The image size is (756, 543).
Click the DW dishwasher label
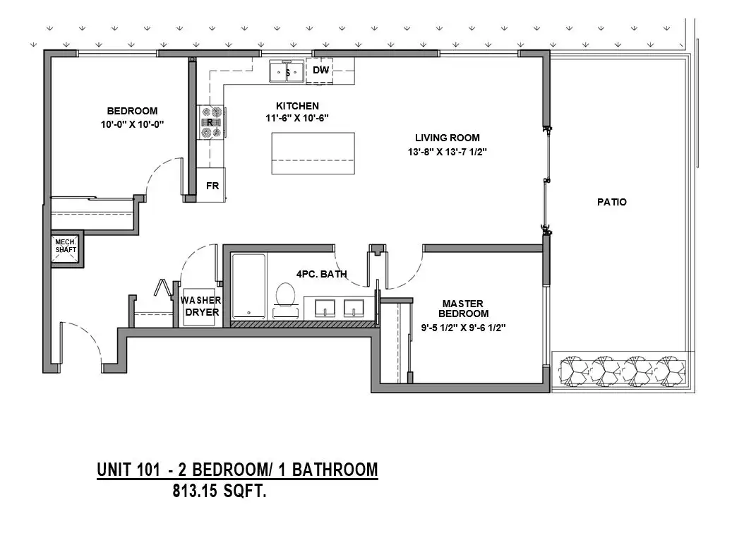click(x=320, y=70)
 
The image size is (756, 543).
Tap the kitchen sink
click(x=287, y=72)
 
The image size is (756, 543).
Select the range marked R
click(x=211, y=122)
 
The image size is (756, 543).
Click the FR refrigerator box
click(x=211, y=185)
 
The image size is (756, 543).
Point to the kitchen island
click(x=313, y=153)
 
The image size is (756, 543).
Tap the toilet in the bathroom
click(x=285, y=298)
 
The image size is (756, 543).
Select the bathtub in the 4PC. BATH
click(x=248, y=287)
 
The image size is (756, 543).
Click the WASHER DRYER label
click(x=201, y=306)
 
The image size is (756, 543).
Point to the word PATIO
click(x=612, y=202)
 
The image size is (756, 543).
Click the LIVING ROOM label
click(x=448, y=138)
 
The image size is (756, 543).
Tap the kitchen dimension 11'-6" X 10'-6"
click(x=297, y=118)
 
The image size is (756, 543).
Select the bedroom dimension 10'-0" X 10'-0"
click(x=132, y=124)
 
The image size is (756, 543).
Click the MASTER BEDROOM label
click(x=463, y=309)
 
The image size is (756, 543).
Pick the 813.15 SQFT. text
click(x=220, y=491)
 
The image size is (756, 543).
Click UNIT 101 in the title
click(x=128, y=470)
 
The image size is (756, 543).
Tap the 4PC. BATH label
click(x=322, y=274)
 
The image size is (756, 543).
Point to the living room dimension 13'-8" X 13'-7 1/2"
click(x=448, y=152)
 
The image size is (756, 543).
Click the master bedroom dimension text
click(x=463, y=328)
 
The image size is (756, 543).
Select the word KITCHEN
click(x=297, y=106)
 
